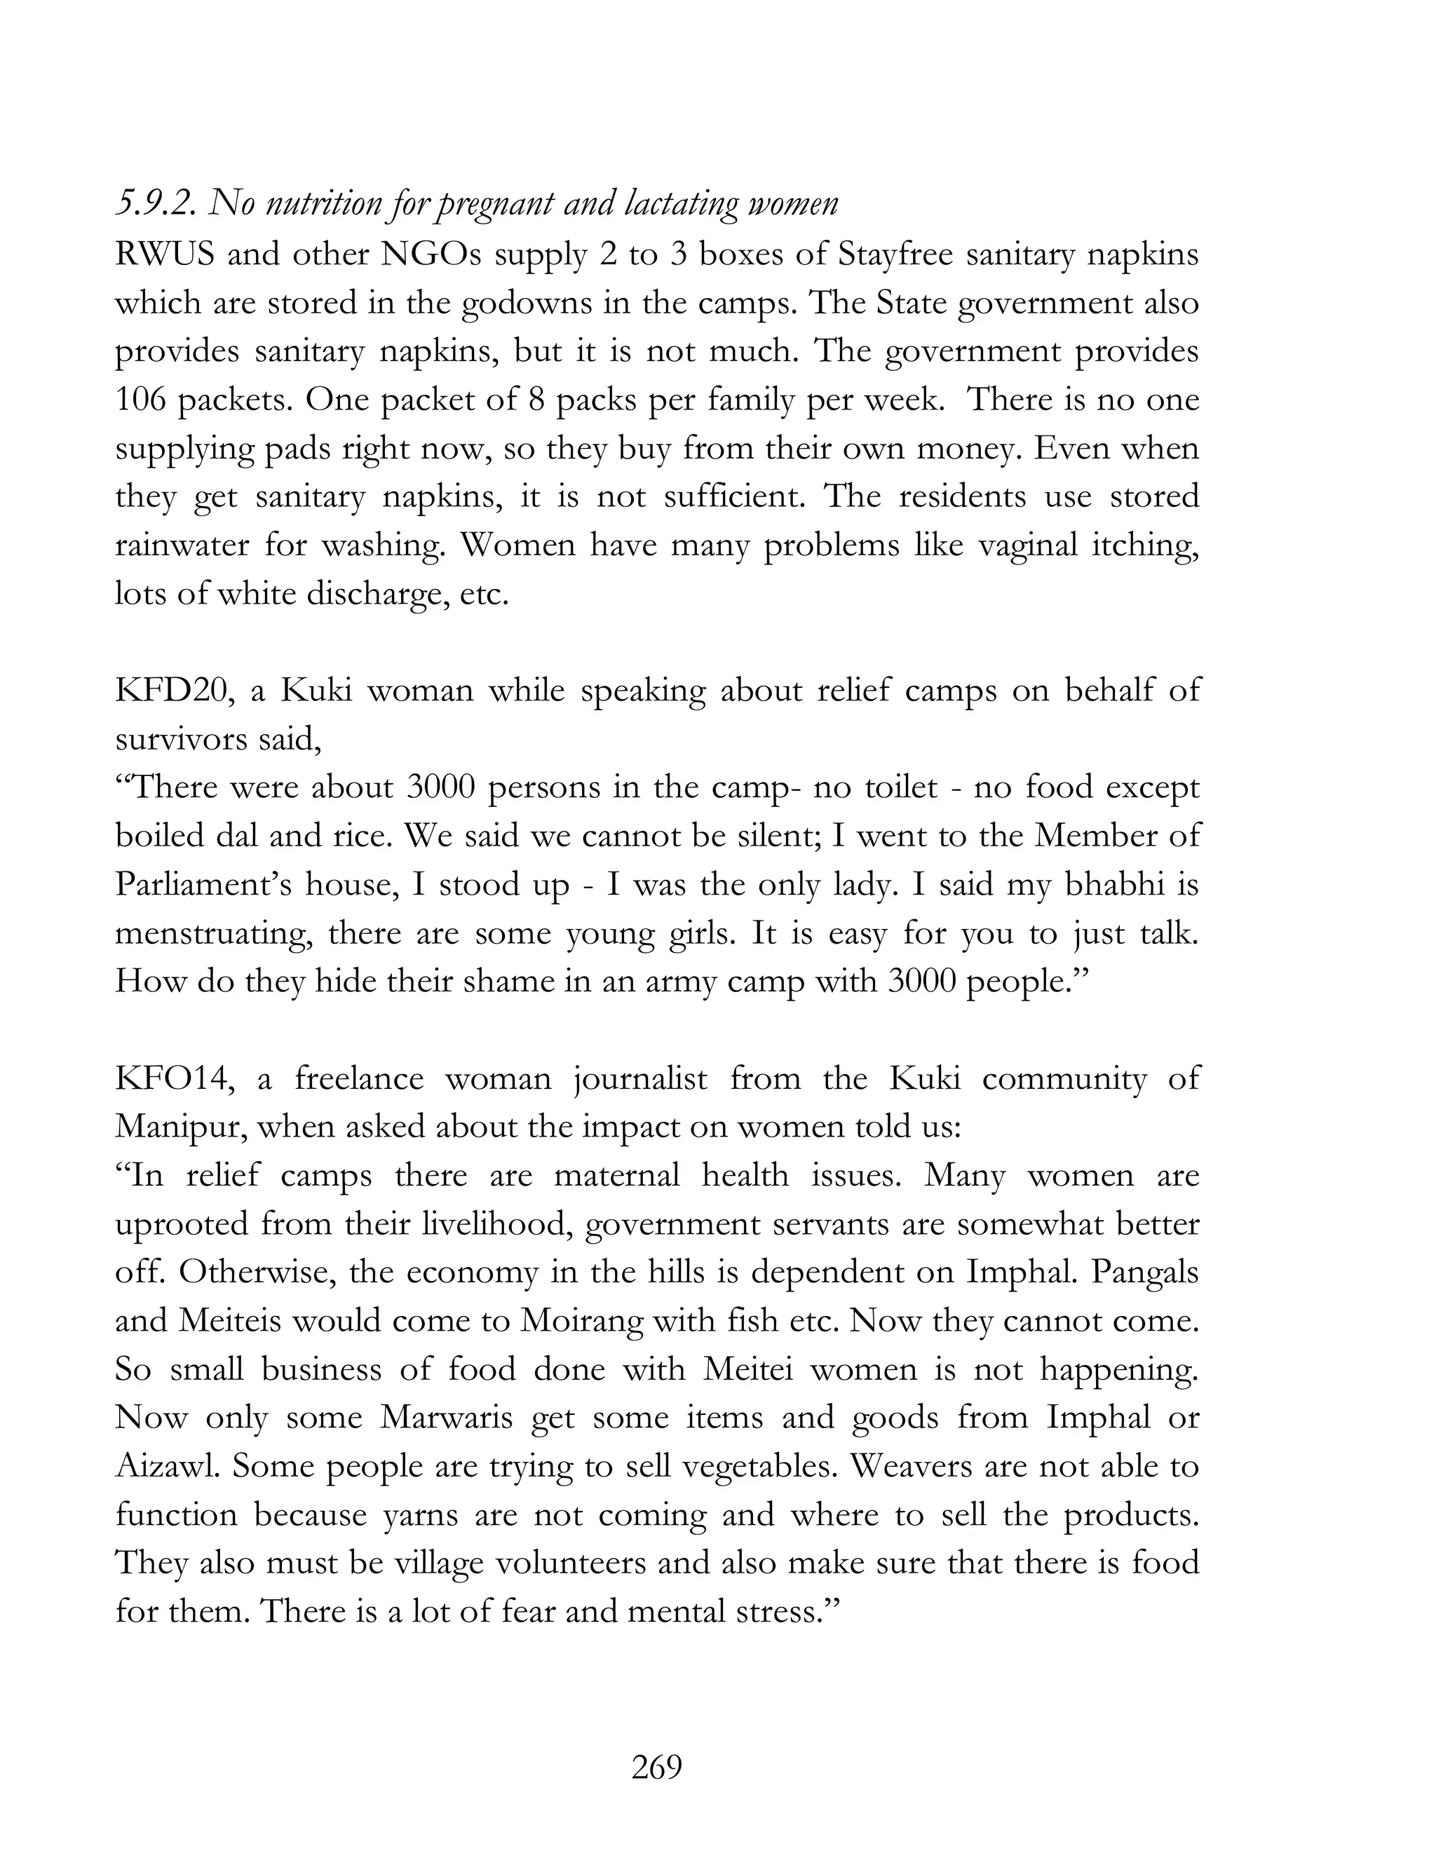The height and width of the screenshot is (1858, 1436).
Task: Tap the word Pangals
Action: pos(1145,1273)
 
